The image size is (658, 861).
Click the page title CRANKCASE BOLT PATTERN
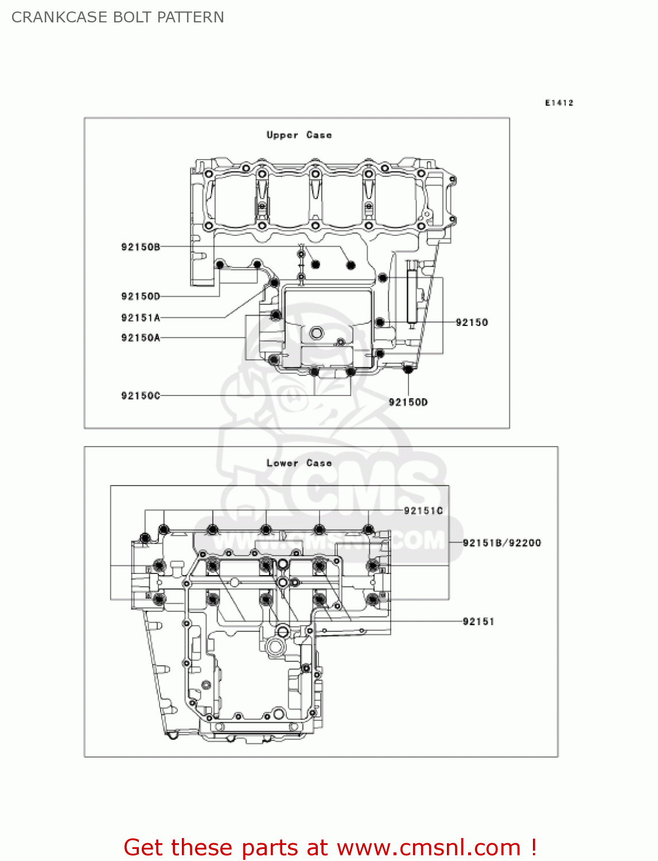pyautogui.click(x=118, y=17)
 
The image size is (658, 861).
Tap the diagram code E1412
pyautogui.click(x=559, y=103)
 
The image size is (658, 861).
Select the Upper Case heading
pyautogui.click(x=299, y=135)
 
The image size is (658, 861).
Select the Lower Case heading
pyautogui.click(x=299, y=463)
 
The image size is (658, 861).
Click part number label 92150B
pyautogui.click(x=141, y=247)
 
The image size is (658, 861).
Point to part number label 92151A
pyautogui.click(x=141, y=317)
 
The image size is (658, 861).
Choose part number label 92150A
pyautogui.click(x=141, y=338)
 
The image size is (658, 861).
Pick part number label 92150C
pyautogui.click(x=141, y=395)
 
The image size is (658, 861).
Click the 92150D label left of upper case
pyautogui.click(x=141, y=296)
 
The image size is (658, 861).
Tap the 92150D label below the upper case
pyautogui.click(x=408, y=402)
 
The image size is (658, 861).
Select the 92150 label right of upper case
pyautogui.click(x=472, y=323)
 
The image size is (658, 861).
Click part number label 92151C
pyautogui.click(x=423, y=510)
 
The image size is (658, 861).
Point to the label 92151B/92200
pyautogui.click(x=501, y=542)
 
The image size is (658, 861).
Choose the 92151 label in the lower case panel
pyautogui.click(x=478, y=621)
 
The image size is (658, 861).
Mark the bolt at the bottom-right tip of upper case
pyautogui.click(x=408, y=369)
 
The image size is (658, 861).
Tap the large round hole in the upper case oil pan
pyautogui.click(x=316, y=333)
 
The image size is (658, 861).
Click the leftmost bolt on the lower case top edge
pyautogui.click(x=145, y=538)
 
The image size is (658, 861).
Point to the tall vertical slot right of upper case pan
pyautogui.click(x=411, y=296)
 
